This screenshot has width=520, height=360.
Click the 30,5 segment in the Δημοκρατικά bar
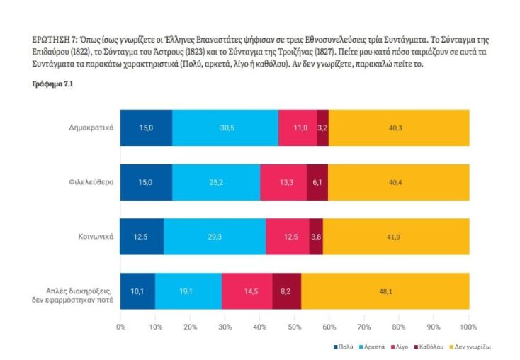[x=225, y=128]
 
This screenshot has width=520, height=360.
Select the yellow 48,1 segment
[x=385, y=291]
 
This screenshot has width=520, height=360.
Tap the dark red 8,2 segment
[x=286, y=291]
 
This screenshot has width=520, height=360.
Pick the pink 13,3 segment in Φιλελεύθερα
[x=283, y=182]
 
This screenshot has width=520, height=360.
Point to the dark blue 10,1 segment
[x=137, y=291]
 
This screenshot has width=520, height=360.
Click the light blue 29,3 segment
[x=215, y=237]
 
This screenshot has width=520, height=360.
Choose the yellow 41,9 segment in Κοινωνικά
[x=396, y=237]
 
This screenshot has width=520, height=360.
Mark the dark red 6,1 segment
[x=317, y=182]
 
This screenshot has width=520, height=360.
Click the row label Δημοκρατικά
[x=91, y=128]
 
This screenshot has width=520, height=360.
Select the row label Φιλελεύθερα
[x=93, y=182]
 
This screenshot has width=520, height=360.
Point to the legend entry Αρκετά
[x=374, y=348]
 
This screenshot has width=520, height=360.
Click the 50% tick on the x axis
[x=295, y=327]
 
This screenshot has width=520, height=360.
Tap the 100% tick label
[x=468, y=327]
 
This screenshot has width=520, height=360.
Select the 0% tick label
[x=120, y=327]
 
